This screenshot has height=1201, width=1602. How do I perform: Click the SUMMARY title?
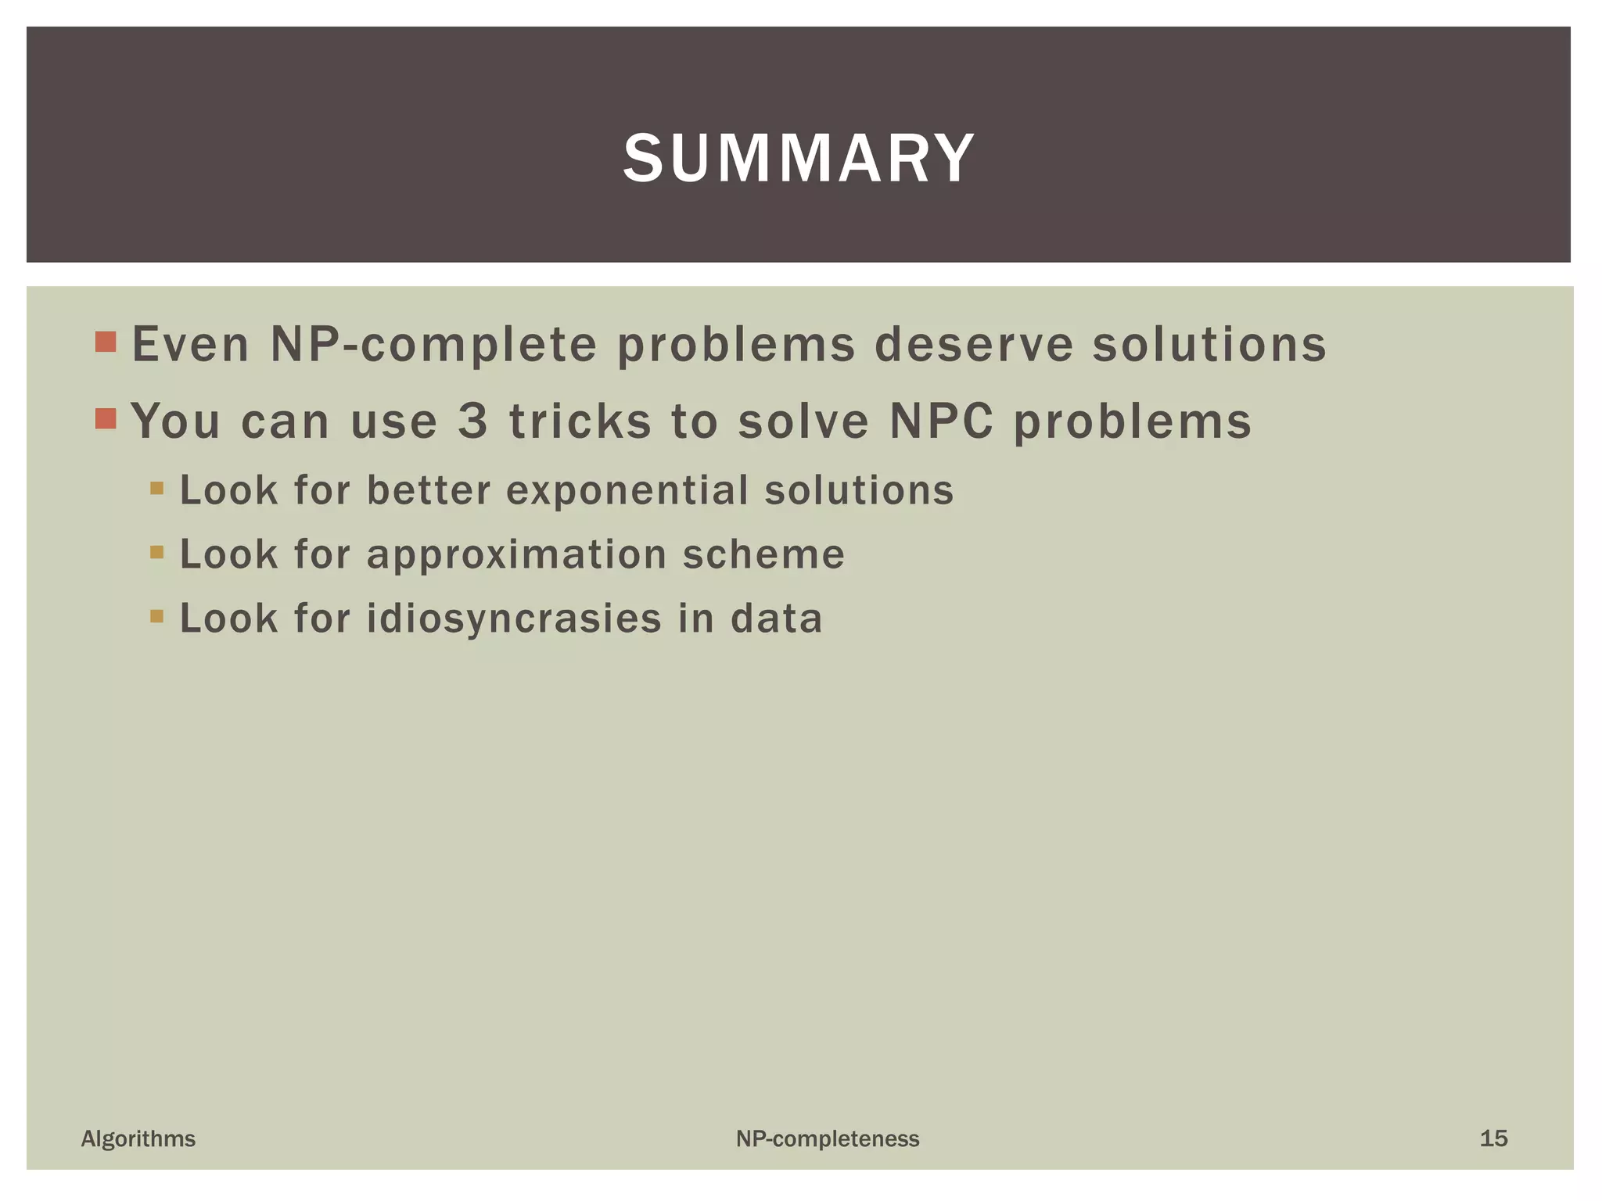(x=799, y=159)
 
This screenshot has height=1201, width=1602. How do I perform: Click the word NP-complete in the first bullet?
(x=433, y=345)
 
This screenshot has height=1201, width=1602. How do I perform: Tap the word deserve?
(x=973, y=345)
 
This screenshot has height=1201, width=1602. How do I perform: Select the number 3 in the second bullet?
(x=473, y=421)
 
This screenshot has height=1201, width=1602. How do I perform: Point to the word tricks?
(x=580, y=421)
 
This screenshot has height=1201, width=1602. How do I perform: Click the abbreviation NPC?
(x=942, y=421)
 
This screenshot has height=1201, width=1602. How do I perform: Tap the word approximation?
(x=517, y=555)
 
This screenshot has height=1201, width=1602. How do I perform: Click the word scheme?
(x=763, y=555)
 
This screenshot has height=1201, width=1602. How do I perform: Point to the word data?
(x=777, y=618)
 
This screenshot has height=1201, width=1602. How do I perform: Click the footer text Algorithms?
(x=138, y=1138)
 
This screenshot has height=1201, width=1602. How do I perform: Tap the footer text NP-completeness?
(x=828, y=1139)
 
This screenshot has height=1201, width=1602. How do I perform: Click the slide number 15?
(x=1493, y=1138)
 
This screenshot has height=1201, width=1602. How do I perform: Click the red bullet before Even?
(x=106, y=342)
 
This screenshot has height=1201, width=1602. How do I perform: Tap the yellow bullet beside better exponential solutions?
(x=157, y=489)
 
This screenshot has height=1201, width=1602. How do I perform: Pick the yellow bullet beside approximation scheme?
(x=157, y=552)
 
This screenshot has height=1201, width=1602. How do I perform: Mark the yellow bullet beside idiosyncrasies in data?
(x=157, y=616)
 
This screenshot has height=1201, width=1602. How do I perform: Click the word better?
(x=429, y=491)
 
